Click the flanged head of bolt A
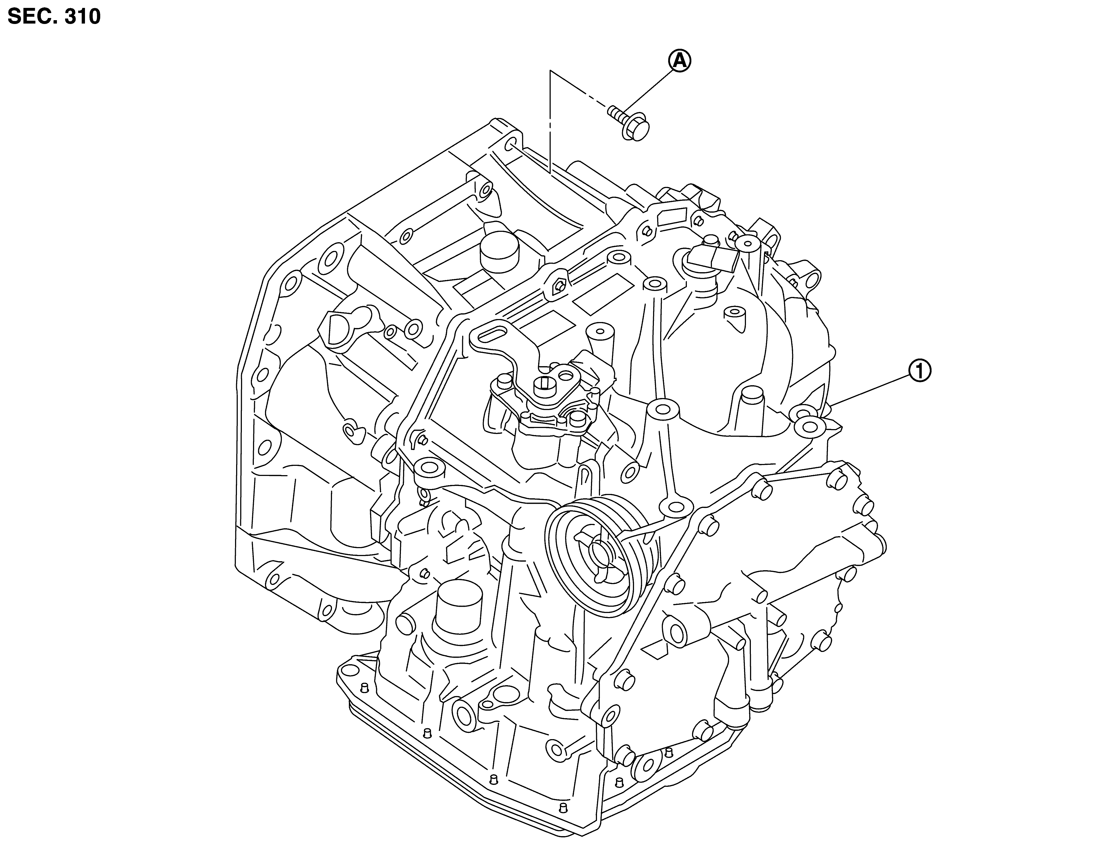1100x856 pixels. (636, 129)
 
